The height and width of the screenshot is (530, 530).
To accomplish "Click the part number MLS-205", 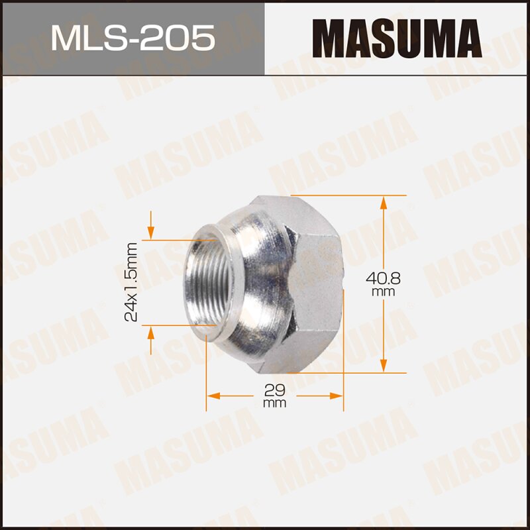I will tap(132, 38).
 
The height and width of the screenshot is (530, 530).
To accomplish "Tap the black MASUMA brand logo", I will tap(397, 38).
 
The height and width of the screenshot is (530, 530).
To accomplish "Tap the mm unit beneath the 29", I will tap(274, 403).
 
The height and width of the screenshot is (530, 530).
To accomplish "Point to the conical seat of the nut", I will tap(255, 278).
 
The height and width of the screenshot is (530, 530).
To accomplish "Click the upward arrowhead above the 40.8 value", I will tap(384, 202).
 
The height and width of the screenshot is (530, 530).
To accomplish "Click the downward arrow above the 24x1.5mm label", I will tap(152, 233).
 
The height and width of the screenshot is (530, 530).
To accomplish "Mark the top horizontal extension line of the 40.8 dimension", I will tap(358, 195).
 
